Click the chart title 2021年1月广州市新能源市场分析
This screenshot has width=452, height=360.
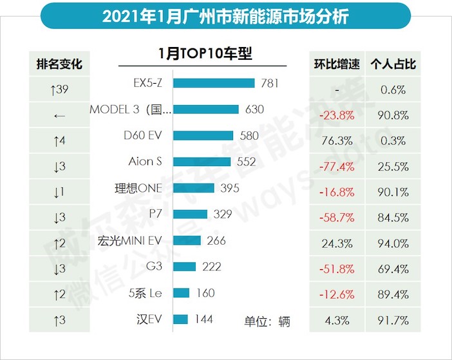point(225,15)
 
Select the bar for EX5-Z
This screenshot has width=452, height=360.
point(214,83)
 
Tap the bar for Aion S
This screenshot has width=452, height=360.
point(203,162)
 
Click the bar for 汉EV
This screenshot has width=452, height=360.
point(181,319)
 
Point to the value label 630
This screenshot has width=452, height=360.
point(254,109)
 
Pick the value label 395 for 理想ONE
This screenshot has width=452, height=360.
point(229,188)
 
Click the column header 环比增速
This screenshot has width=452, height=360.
point(336,64)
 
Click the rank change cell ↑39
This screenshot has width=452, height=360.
point(59,90)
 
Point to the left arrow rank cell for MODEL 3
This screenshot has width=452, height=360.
point(59,116)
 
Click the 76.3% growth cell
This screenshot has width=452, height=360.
point(336,141)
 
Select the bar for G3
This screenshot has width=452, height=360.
point(185,267)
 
